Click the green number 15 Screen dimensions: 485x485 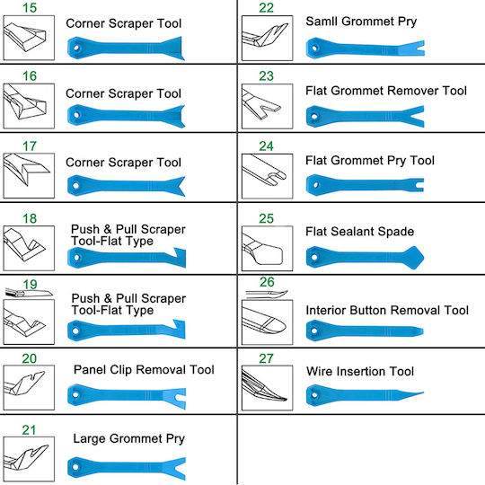[30, 8]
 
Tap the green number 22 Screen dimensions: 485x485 [267, 8]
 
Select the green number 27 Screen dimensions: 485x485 [267, 358]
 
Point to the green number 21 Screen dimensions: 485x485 [29, 430]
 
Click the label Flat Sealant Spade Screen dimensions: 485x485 [360, 232]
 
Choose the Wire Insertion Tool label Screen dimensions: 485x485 [360, 371]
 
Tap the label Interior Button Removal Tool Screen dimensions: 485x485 [387, 310]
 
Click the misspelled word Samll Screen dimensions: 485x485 [322, 22]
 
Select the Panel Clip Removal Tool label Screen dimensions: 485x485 [144, 370]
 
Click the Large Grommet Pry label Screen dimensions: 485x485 [129, 439]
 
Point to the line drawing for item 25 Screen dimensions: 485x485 [268, 249]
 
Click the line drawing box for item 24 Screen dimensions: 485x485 [268, 176]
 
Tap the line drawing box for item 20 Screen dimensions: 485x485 [29, 388]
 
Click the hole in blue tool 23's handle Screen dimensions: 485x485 [314, 117]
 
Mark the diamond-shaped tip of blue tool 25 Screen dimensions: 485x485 [413, 258]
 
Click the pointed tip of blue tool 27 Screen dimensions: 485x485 [421, 393]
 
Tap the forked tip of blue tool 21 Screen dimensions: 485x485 [176, 468]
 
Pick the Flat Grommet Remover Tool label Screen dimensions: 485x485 [386, 91]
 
